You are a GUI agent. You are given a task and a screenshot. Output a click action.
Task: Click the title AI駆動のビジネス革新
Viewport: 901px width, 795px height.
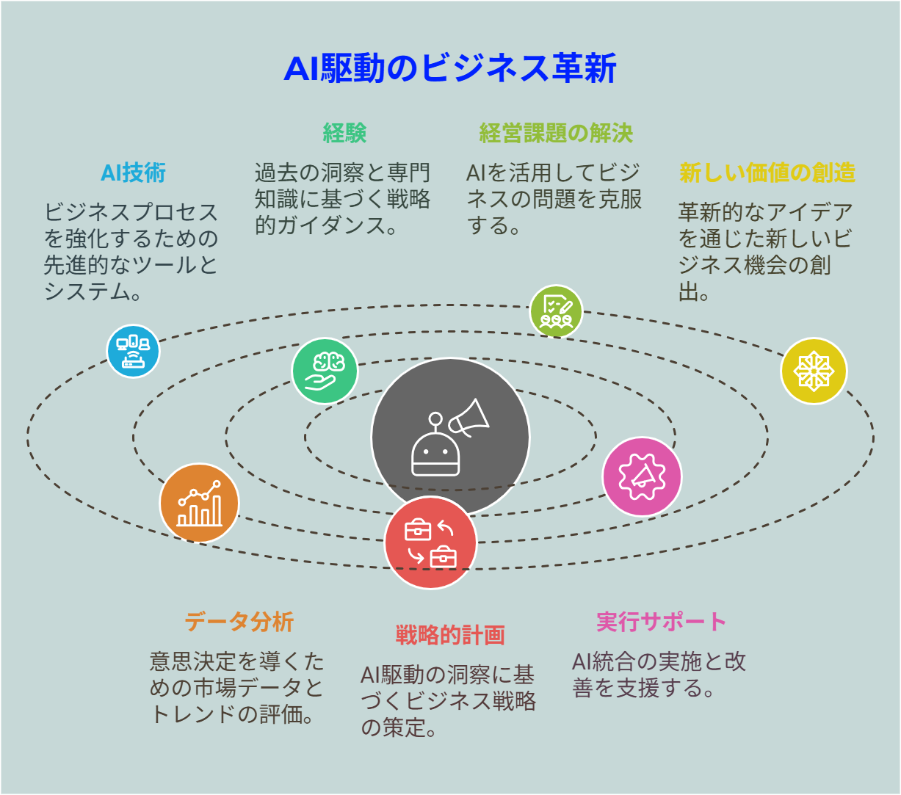[x=449, y=69]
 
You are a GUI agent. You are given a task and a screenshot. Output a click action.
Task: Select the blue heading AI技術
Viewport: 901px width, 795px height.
[x=133, y=173]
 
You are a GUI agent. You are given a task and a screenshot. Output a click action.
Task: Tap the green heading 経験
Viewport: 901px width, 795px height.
[x=344, y=133]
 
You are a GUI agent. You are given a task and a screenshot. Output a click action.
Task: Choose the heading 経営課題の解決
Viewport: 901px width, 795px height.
[x=556, y=133]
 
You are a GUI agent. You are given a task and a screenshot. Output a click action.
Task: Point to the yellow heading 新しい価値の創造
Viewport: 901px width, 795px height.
[x=767, y=173]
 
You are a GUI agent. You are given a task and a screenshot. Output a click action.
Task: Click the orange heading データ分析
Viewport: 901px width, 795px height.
[x=239, y=622]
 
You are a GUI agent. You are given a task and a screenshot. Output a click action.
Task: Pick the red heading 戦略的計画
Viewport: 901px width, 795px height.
[x=450, y=635]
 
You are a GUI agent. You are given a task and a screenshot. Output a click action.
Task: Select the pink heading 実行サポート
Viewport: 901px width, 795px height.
[x=661, y=622]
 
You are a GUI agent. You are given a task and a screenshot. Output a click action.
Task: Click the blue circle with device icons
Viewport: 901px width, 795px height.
[x=133, y=351]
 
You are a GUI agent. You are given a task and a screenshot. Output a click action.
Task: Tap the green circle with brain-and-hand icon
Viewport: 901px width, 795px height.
[x=325, y=371]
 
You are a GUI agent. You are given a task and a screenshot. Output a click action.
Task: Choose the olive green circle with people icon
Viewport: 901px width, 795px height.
[x=556, y=311]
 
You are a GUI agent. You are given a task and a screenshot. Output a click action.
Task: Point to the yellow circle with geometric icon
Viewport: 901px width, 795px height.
[x=813, y=371]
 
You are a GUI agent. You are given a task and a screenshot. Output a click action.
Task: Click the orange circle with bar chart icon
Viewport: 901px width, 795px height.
[x=199, y=503]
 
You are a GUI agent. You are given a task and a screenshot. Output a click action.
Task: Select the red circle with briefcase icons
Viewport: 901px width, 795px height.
[x=430, y=543]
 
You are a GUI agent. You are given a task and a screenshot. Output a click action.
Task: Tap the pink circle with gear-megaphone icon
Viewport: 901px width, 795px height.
[x=642, y=476]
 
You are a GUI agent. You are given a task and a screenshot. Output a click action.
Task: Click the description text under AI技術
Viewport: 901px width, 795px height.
[x=131, y=252]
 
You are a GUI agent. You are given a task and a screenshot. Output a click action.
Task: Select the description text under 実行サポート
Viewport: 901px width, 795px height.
[x=659, y=675]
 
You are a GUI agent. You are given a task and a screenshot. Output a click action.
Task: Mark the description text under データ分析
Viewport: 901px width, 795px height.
[x=237, y=688]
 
